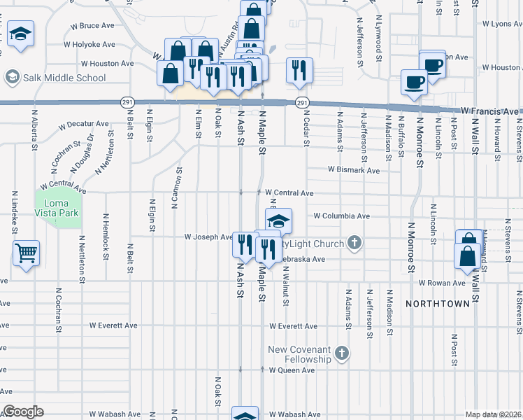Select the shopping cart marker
coord(27,253)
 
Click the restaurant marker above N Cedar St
coord(299,71)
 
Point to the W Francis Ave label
coord(489,111)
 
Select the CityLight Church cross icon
coord(354,244)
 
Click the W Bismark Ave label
coord(354,170)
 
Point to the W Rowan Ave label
coord(442,283)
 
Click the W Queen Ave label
coord(293,370)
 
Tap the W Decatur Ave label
coord(85,125)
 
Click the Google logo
coord(22,412)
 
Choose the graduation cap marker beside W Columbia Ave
coord(278,221)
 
